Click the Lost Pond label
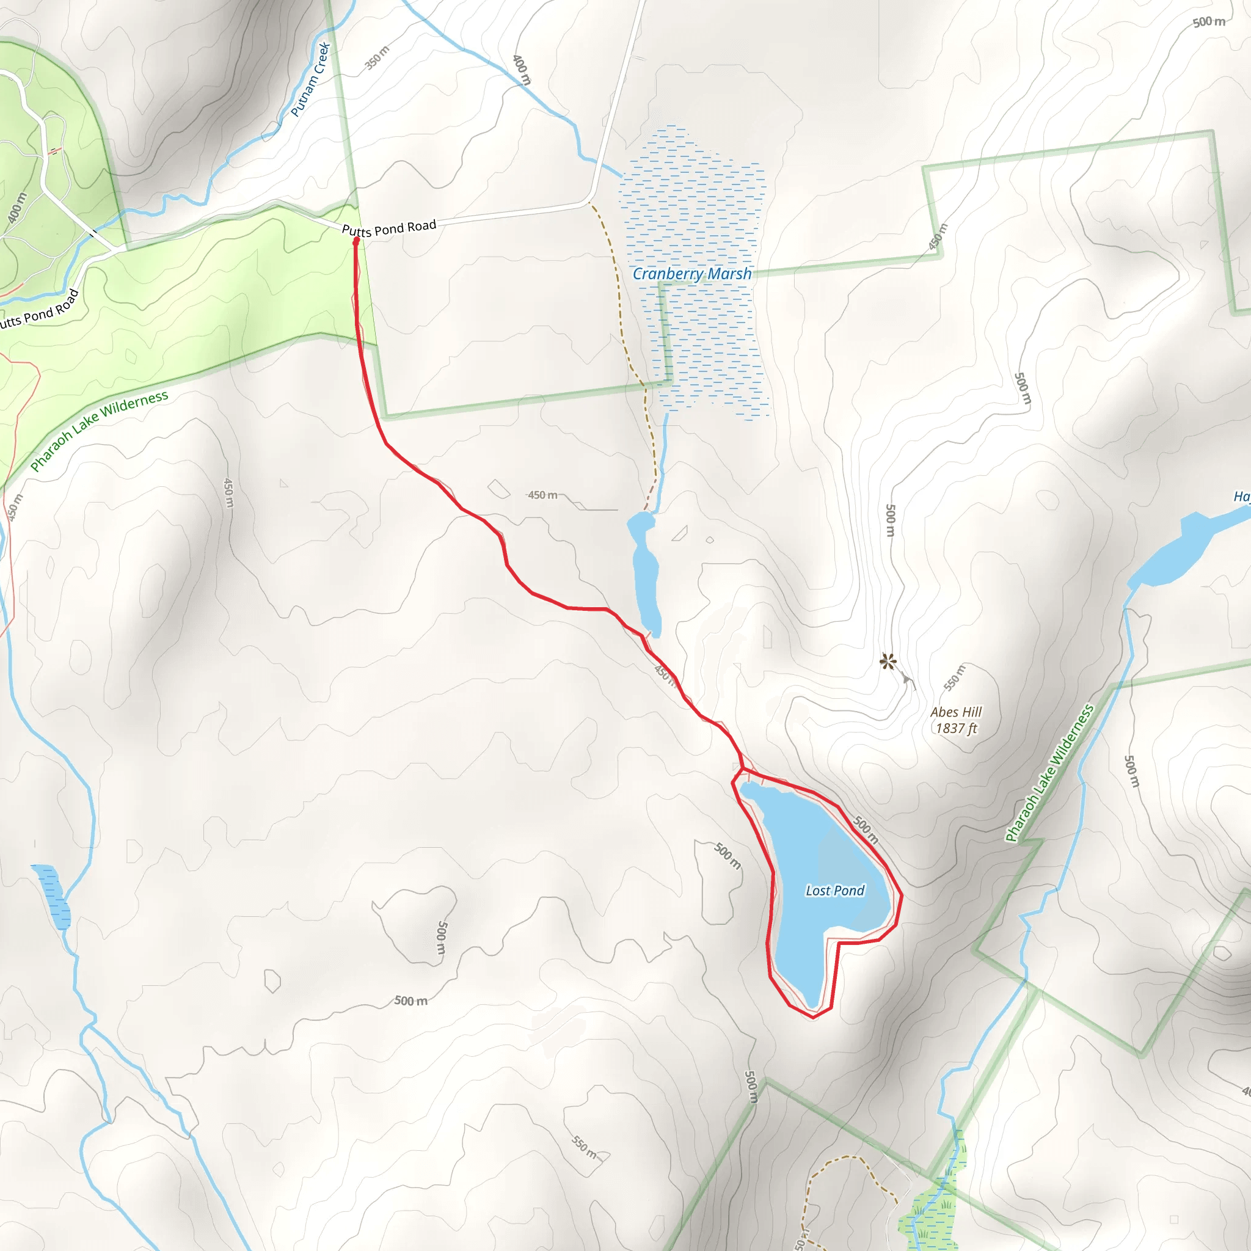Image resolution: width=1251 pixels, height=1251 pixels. coord(834,891)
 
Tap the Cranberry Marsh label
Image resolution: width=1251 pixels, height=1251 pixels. coord(691,274)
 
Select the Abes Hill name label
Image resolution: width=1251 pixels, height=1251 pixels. coord(956,712)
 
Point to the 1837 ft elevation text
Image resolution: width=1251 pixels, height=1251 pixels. coord(956,729)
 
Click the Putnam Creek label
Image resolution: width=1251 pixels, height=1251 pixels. coord(310,79)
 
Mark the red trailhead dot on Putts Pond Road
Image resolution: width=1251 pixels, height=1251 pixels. coord(356,241)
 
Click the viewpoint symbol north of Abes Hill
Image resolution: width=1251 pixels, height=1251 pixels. coord(888,661)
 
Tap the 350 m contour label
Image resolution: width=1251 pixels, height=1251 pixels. coord(377,57)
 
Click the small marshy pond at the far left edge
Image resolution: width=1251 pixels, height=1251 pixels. coord(52,896)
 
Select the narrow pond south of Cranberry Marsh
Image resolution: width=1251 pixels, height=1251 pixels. coord(645,576)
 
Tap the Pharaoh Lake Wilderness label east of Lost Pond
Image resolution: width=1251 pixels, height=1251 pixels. coord(1049,773)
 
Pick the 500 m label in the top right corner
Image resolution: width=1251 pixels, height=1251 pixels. coord(1208,22)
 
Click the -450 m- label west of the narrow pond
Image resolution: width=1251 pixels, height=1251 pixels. coord(542,495)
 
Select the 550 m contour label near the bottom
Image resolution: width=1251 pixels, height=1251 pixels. coord(584,1147)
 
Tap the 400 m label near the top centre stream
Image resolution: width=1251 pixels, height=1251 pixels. coord(521,69)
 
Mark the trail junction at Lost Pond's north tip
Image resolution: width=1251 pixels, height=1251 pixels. coord(744,769)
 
